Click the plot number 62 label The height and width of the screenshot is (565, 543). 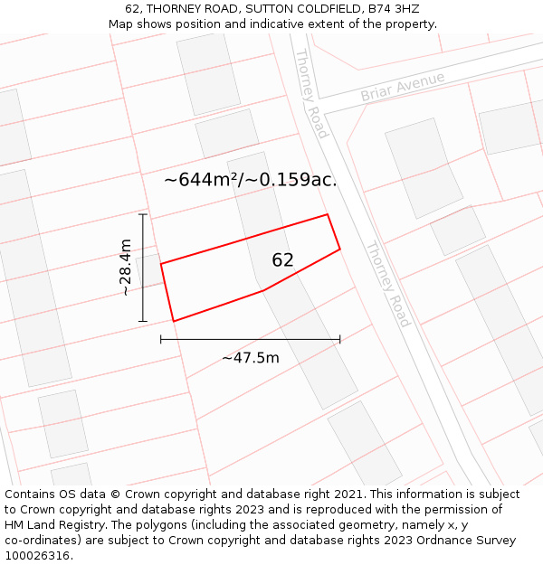point(282,260)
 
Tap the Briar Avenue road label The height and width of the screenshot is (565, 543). point(403,87)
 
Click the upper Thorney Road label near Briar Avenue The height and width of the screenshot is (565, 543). point(310,93)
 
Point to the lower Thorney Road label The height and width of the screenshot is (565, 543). point(388,284)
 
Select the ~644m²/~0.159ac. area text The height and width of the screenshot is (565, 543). point(250,180)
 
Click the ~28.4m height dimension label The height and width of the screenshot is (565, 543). point(126,268)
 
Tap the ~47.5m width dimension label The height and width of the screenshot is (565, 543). point(251,358)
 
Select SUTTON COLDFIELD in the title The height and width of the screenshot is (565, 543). point(293,8)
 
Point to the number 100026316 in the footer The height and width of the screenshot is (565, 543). point(36,556)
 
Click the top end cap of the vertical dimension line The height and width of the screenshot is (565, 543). point(142,214)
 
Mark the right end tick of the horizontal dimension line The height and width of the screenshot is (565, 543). point(340,339)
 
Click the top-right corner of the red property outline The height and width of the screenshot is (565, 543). point(327,214)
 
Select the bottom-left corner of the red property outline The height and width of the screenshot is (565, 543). point(173,321)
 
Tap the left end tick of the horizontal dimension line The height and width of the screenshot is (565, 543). point(161,339)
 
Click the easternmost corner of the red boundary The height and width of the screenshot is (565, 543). point(340,249)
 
